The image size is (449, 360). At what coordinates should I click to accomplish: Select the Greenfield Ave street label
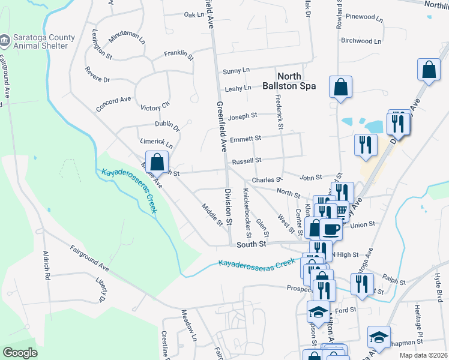click(x=219, y=125)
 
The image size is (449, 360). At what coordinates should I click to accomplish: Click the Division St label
click(x=228, y=207)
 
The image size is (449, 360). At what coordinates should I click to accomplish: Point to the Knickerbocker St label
click(x=246, y=210)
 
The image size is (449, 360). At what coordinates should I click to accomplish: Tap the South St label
click(x=251, y=244)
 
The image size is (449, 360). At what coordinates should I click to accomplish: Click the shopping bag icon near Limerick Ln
click(x=157, y=162)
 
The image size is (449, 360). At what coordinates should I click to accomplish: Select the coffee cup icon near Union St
click(x=331, y=229)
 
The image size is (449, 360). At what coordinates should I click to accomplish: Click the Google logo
click(x=20, y=352)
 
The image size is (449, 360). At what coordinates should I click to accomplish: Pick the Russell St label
click(x=247, y=160)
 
